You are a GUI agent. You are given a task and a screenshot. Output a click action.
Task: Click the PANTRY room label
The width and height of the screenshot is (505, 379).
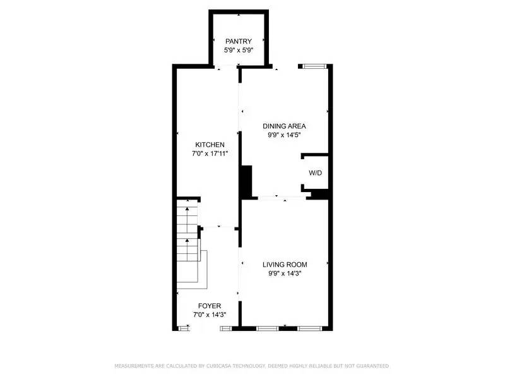click(239, 41)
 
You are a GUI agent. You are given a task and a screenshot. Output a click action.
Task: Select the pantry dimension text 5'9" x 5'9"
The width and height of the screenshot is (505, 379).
click(239, 49)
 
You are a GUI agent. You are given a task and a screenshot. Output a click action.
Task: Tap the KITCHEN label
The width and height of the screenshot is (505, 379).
click(210, 145)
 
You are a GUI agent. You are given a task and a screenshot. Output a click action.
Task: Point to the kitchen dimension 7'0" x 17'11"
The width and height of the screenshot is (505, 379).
click(210, 153)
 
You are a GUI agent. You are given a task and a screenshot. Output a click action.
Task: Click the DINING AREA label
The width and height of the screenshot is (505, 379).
click(284, 126)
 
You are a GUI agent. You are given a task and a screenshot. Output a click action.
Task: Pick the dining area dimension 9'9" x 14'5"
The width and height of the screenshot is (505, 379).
click(284, 134)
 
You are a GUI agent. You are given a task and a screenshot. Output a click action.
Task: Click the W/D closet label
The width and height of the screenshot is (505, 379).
click(314, 172)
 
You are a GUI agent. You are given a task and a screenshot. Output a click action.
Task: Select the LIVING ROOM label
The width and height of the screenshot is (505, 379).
click(284, 264)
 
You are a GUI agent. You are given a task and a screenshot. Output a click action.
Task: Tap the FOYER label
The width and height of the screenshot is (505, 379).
click(210, 306)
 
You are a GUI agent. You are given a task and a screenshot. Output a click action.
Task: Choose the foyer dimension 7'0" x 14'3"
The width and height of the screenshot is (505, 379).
click(210, 314)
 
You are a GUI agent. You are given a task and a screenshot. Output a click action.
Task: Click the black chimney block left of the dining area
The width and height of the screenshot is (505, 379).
click(246, 183)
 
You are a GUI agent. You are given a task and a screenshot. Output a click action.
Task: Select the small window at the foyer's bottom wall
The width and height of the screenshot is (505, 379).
click(184, 328)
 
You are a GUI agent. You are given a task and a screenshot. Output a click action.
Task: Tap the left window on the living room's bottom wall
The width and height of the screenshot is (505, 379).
click(267, 328)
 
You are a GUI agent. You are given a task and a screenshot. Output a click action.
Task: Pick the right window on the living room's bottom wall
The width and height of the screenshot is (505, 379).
click(309, 328)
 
